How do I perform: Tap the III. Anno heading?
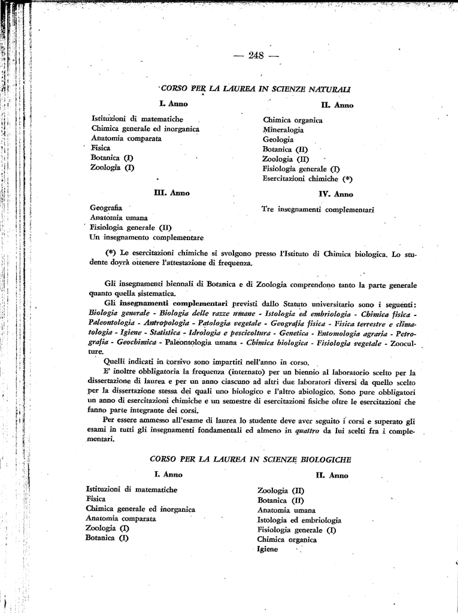coord(172,193)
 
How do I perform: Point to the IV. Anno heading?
coord(336,194)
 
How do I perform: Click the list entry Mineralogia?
coord(283,129)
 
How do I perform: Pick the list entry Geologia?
coord(278,139)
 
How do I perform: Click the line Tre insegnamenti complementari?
coord(317,210)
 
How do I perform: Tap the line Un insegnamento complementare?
coord(146,237)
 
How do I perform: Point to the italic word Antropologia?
coord(157,323)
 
